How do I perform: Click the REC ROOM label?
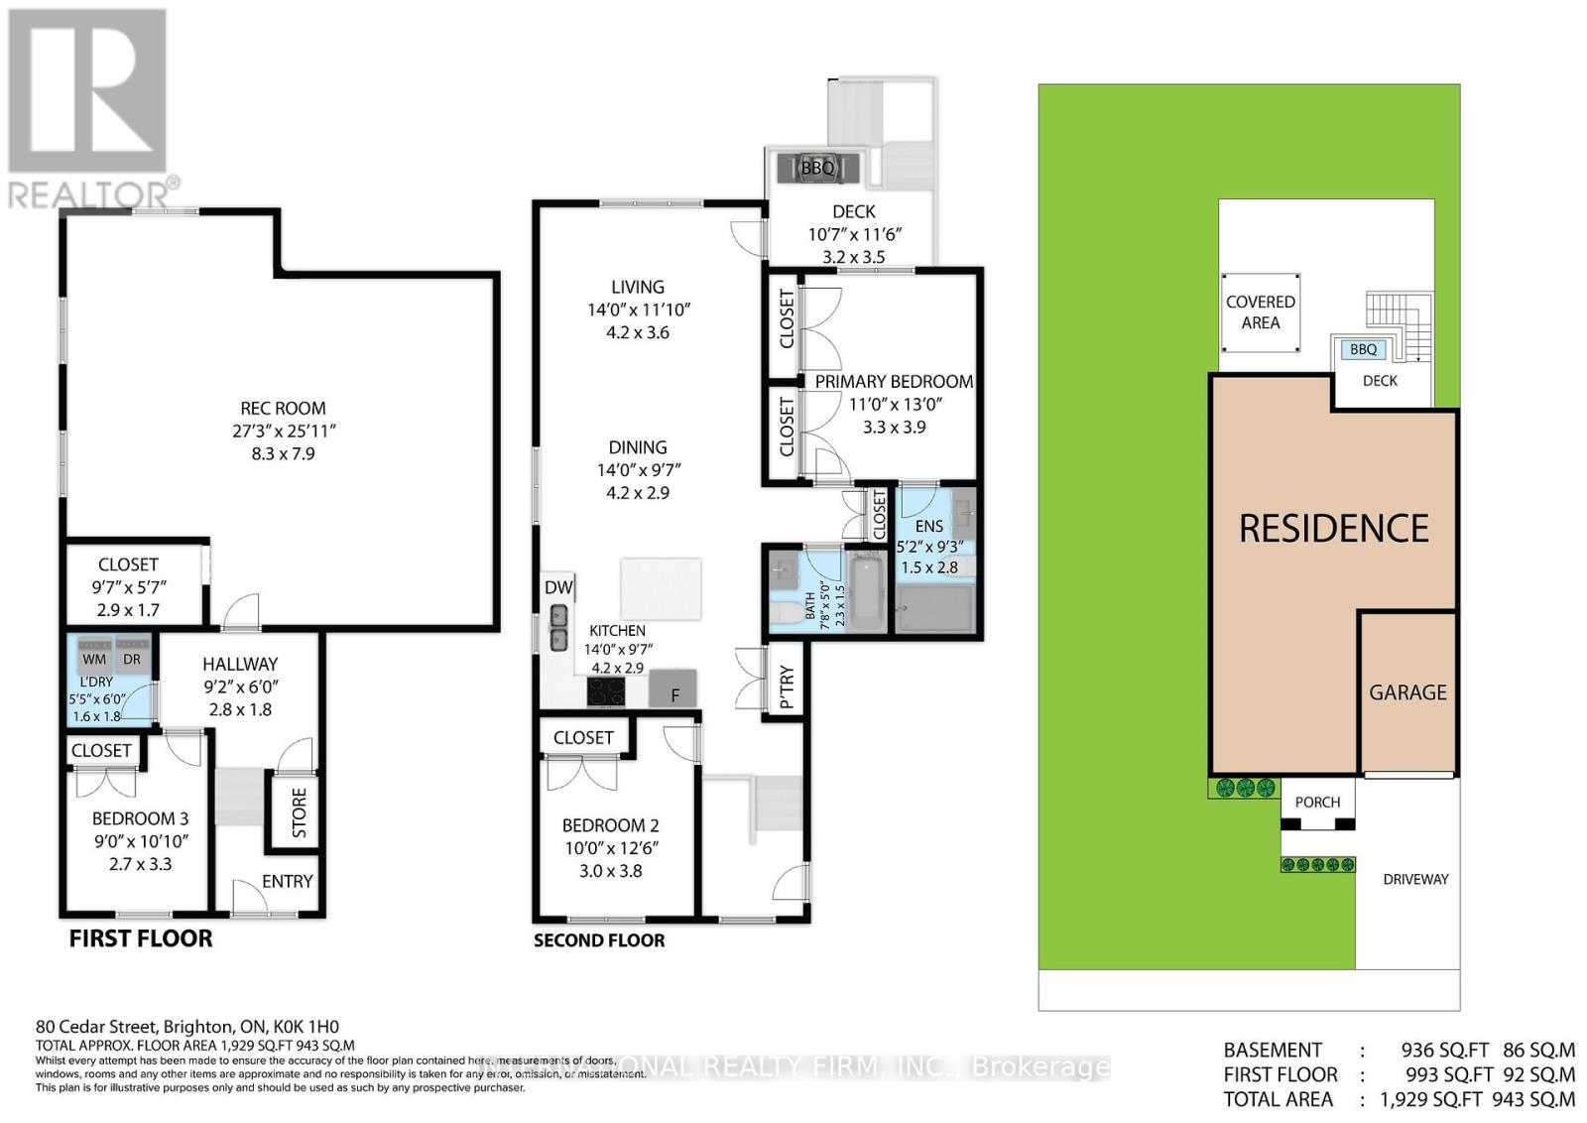coord(283,408)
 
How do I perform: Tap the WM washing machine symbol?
coord(94,658)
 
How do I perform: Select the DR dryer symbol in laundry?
coord(132,658)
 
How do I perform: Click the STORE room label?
coord(299,812)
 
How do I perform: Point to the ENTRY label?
coord(287,881)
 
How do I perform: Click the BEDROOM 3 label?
coord(140,818)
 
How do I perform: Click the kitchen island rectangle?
coord(661,588)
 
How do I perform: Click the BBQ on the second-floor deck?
coord(818,168)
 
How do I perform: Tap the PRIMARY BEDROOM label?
coord(894,381)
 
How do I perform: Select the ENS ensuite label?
coord(929,526)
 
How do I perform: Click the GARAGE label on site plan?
coord(1407,692)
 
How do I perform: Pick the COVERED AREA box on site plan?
coord(1260,312)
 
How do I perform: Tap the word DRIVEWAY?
coord(1415,879)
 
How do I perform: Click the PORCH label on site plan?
coord(1317,802)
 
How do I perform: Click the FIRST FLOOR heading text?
coord(140,938)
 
